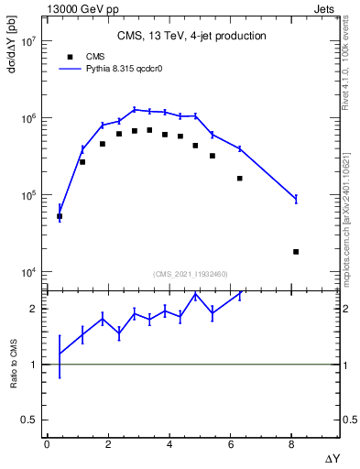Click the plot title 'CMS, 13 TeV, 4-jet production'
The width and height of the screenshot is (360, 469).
pos(191,37)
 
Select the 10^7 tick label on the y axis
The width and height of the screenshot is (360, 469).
pos(27,42)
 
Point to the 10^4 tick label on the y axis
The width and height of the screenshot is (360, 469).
pos(27,273)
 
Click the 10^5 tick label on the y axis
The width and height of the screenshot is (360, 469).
pos(27,196)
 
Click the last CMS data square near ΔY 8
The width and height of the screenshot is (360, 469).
pos(296,251)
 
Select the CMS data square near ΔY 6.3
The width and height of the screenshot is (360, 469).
pos(240,178)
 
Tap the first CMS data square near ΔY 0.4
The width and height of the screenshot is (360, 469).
pos(60,216)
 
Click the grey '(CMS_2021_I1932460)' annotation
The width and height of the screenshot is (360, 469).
pos(191,273)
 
